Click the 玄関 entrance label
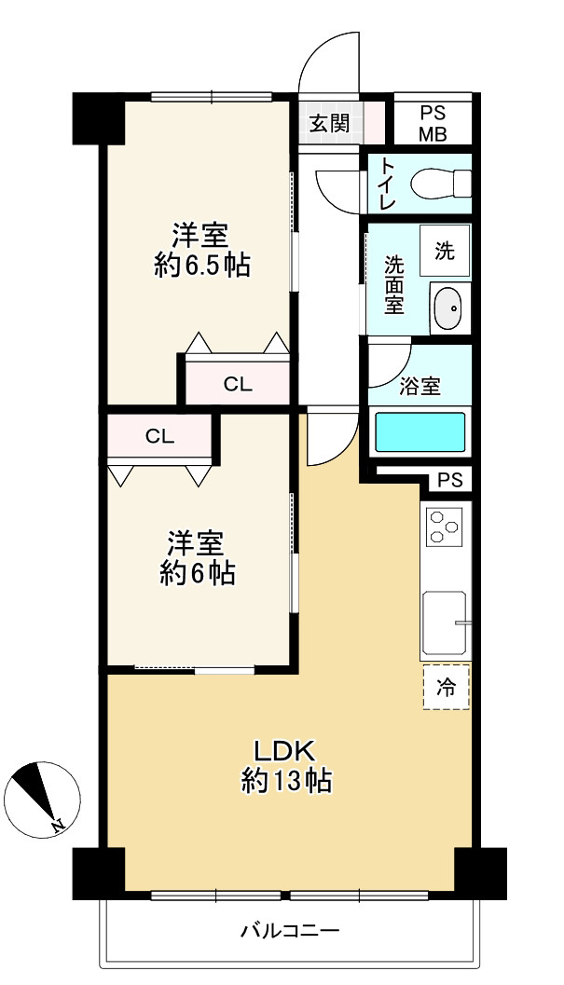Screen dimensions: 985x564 330,122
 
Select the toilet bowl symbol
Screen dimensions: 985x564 439,183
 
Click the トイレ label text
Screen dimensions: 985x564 386,185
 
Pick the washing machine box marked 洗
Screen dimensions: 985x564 445,250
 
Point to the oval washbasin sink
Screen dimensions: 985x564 447,307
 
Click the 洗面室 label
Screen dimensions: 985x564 394,283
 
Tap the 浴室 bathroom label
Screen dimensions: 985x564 420,387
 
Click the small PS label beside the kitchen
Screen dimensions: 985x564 449,481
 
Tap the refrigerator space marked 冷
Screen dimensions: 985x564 447,688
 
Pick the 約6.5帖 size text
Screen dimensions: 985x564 201,265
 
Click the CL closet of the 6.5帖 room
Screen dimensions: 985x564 238,383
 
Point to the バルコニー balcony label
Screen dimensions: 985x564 289,930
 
